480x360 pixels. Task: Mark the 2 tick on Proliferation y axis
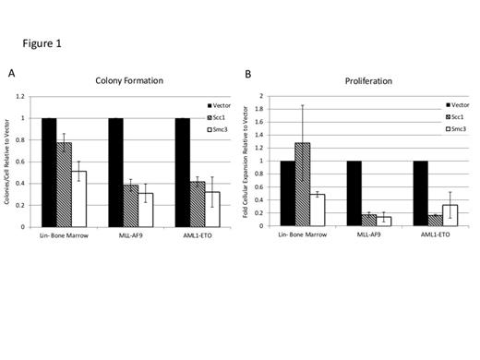(x=263, y=96)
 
